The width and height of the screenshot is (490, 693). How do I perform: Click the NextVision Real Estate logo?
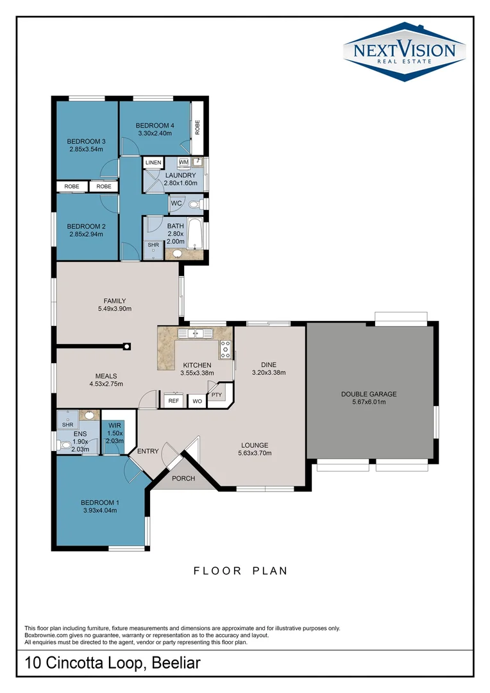click(x=403, y=51)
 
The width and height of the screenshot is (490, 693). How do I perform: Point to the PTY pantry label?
click(x=216, y=395)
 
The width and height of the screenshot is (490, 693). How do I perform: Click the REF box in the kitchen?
click(x=173, y=401)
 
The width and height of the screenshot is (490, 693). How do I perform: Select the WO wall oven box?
click(x=197, y=401)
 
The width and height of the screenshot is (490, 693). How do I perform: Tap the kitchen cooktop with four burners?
click(x=225, y=350)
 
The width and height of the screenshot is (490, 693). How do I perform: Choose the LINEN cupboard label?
click(x=153, y=163)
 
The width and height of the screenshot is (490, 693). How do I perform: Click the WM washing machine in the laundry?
click(x=183, y=162)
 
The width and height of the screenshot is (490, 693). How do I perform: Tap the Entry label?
click(x=148, y=451)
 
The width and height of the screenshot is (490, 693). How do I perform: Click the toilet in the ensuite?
click(x=64, y=443)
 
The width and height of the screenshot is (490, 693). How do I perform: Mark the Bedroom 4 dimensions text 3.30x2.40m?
click(x=156, y=133)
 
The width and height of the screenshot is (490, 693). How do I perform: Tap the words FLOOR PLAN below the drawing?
click(x=241, y=570)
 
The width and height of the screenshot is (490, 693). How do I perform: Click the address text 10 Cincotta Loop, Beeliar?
click(x=112, y=663)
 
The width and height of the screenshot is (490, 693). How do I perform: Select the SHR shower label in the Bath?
click(x=153, y=244)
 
